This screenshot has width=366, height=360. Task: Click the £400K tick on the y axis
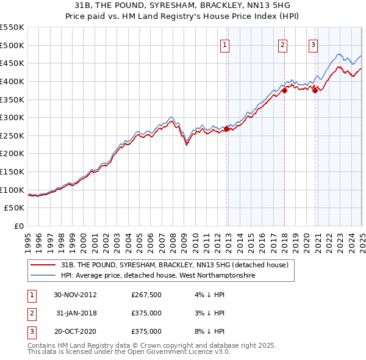click(x=12, y=81)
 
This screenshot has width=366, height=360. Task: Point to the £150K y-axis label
click(x=12, y=171)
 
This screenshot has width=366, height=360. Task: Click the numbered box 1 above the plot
click(x=225, y=44)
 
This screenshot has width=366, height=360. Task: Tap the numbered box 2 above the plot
click(x=283, y=44)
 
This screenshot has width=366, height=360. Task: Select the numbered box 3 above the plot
click(x=313, y=44)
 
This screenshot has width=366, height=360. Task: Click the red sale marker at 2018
click(x=284, y=90)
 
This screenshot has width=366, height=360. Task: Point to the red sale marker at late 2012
click(x=227, y=129)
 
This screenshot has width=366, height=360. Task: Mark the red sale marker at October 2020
click(x=315, y=90)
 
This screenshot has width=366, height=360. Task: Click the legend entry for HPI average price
click(x=157, y=276)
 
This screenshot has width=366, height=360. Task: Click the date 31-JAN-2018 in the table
click(x=75, y=314)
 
